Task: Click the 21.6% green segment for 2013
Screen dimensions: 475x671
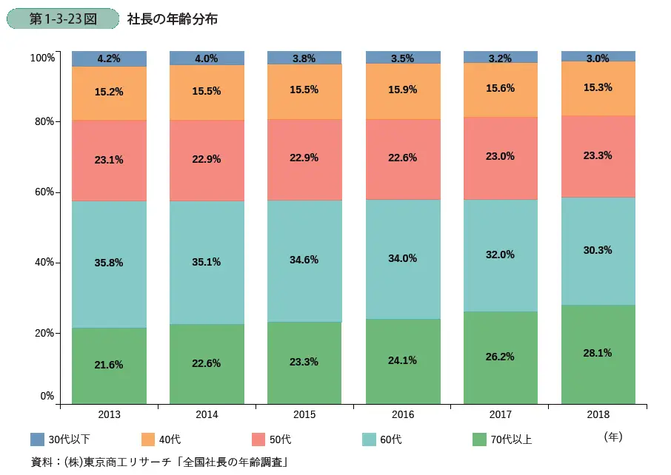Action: tap(109, 365)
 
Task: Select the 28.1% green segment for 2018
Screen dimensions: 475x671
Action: tap(598, 354)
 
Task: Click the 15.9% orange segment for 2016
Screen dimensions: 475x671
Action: tap(403, 91)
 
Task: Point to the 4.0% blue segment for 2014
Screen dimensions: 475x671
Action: tap(207, 58)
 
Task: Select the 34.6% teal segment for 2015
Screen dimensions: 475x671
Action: tap(304, 260)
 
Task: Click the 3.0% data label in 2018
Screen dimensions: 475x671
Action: tap(598, 58)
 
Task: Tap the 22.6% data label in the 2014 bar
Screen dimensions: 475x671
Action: tap(207, 363)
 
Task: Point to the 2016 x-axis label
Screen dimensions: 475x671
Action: tap(403, 415)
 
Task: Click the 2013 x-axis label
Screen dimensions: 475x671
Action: tap(109, 415)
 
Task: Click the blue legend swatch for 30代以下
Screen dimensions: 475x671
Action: tap(38, 439)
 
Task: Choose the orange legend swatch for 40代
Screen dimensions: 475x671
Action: tap(147, 439)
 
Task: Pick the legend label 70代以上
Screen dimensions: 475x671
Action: tap(511, 439)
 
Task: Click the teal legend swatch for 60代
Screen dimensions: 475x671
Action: tap(370, 439)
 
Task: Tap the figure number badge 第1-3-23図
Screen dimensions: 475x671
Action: tap(62, 18)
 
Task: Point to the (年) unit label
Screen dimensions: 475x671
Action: tap(613, 437)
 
